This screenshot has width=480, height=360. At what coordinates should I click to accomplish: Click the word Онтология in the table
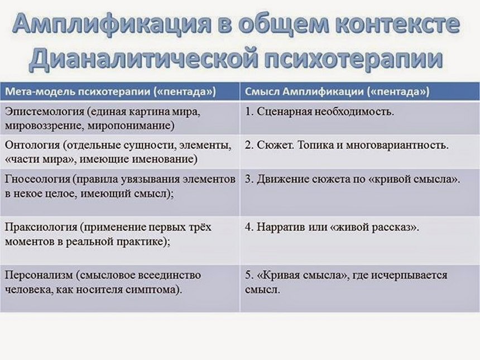32,146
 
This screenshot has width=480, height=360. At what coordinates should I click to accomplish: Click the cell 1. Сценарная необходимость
319,111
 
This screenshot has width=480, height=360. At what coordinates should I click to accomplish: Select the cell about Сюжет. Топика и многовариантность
347,146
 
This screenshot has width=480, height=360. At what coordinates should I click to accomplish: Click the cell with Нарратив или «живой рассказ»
332,228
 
